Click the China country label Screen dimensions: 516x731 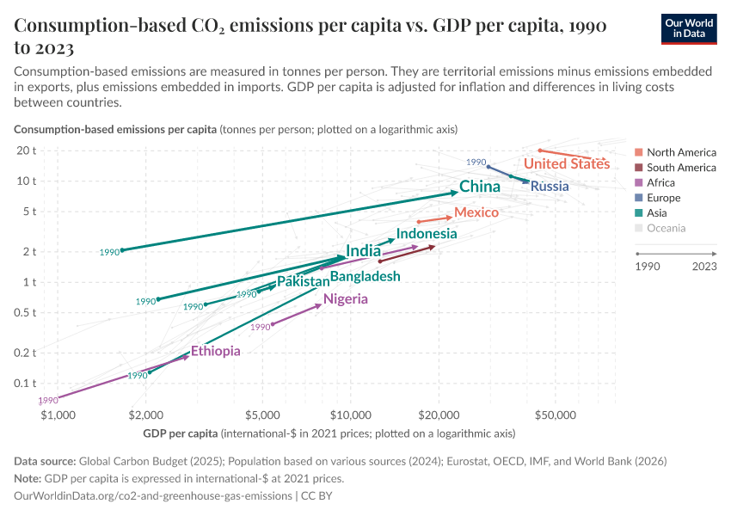point(479,187)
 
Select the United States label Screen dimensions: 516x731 point(566,163)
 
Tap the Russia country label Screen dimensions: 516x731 point(549,186)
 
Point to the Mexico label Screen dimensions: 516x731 point(476,212)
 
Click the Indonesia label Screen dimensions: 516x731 point(427,234)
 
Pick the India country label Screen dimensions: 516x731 point(363,251)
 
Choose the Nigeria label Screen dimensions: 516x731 point(345,299)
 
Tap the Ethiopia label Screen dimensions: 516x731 point(215,351)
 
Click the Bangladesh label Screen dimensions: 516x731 point(365,276)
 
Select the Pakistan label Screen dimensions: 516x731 point(303,282)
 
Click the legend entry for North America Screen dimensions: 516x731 point(680,152)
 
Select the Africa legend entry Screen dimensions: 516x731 point(660,182)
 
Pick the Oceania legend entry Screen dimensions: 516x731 point(666,228)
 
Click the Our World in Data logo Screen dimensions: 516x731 point(689,28)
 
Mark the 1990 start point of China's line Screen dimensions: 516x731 point(122,250)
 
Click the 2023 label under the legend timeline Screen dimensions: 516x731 point(703,267)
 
